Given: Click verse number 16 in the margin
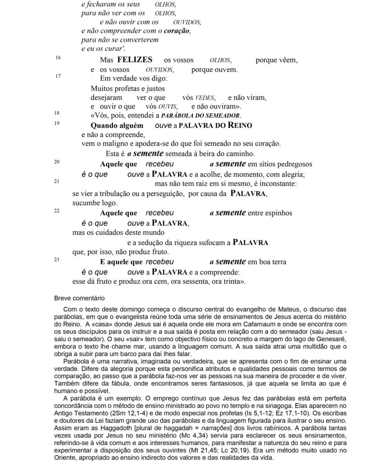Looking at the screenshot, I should (x=58, y=58).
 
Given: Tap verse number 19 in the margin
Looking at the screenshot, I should (x=57, y=123).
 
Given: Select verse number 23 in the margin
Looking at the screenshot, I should (x=57, y=259).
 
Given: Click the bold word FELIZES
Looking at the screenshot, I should (x=135, y=60).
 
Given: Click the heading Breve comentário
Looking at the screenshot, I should (x=79, y=298).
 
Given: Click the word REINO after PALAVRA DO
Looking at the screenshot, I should (x=240, y=126).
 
